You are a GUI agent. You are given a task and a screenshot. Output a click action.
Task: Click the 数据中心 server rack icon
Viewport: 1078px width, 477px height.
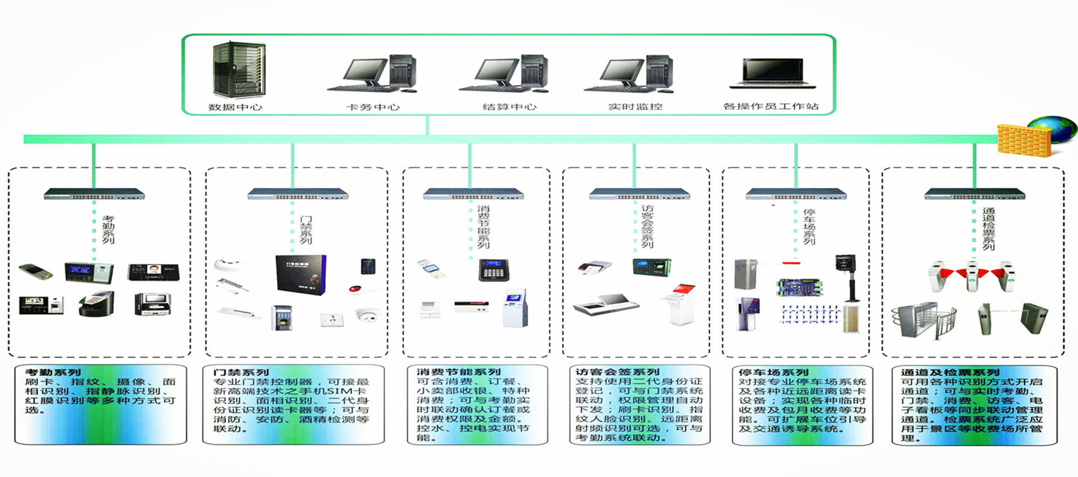point(239,70)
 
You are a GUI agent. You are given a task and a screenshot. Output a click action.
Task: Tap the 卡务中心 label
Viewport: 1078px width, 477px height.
point(373,107)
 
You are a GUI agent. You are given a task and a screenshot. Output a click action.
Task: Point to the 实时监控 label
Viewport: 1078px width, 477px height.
point(635,107)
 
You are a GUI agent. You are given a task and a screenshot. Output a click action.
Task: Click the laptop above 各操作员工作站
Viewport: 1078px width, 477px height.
point(772,74)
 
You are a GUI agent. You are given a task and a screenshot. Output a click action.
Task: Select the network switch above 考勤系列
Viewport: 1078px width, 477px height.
point(94,194)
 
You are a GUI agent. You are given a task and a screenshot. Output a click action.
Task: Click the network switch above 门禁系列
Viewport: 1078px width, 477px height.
point(298,194)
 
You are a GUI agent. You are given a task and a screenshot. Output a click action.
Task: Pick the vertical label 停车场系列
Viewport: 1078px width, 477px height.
point(809,227)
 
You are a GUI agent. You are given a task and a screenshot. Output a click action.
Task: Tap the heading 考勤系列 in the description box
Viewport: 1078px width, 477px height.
point(53,372)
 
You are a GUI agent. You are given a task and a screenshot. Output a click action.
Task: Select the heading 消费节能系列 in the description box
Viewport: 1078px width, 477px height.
point(458,371)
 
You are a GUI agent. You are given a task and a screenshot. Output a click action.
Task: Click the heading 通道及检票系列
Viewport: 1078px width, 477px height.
point(950,372)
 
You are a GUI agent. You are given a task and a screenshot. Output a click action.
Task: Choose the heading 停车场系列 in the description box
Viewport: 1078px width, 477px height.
point(773,372)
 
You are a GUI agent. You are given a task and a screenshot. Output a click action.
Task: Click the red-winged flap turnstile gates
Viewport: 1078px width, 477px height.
point(972,275)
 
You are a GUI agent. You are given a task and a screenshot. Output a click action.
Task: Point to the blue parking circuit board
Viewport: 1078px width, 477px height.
point(800,287)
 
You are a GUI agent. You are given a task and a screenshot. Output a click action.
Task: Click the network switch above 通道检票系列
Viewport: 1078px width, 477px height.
point(975,194)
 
